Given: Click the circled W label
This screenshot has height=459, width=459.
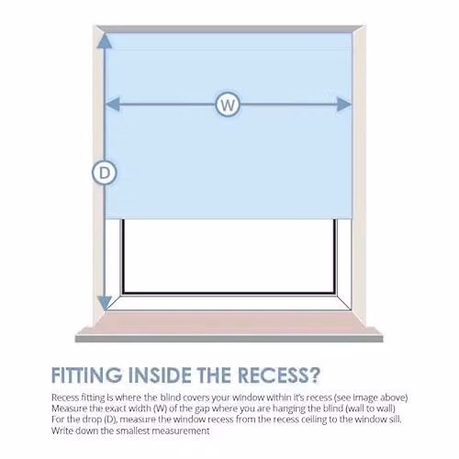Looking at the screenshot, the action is click(228, 105).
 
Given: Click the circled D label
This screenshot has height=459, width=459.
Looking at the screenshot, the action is click(105, 174).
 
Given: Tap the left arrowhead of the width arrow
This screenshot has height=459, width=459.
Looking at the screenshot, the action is click(112, 105).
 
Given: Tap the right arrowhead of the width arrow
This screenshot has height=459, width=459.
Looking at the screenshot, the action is click(344, 105).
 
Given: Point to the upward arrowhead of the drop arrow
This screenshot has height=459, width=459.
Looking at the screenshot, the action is click(105, 41).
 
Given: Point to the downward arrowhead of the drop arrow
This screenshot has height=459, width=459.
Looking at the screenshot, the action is click(105, 303).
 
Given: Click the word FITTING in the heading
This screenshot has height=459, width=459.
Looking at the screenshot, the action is click(86, 375).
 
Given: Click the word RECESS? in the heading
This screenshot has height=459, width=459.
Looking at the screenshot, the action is click(279, 375).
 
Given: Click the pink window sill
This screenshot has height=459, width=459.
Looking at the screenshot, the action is click(229, 323).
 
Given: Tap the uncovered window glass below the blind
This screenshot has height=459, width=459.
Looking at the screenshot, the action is click(229, 256).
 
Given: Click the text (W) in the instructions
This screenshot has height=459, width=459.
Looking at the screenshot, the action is click(161, 409).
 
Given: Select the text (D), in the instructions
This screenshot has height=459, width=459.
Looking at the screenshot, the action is click(110, 420).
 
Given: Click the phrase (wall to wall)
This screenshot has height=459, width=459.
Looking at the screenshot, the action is click(372, 409).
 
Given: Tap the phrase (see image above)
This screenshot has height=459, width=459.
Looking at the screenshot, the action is click(371, 397).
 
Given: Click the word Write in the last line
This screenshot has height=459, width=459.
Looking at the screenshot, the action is click(62, 431).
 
